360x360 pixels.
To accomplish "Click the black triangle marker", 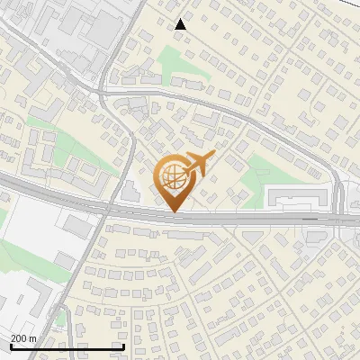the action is (181, 24).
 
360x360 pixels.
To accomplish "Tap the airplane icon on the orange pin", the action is (198, 165).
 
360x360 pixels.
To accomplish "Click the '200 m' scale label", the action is (23, 338).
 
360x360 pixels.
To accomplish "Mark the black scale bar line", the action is (67, 346).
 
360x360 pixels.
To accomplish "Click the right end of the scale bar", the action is (123, 346).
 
